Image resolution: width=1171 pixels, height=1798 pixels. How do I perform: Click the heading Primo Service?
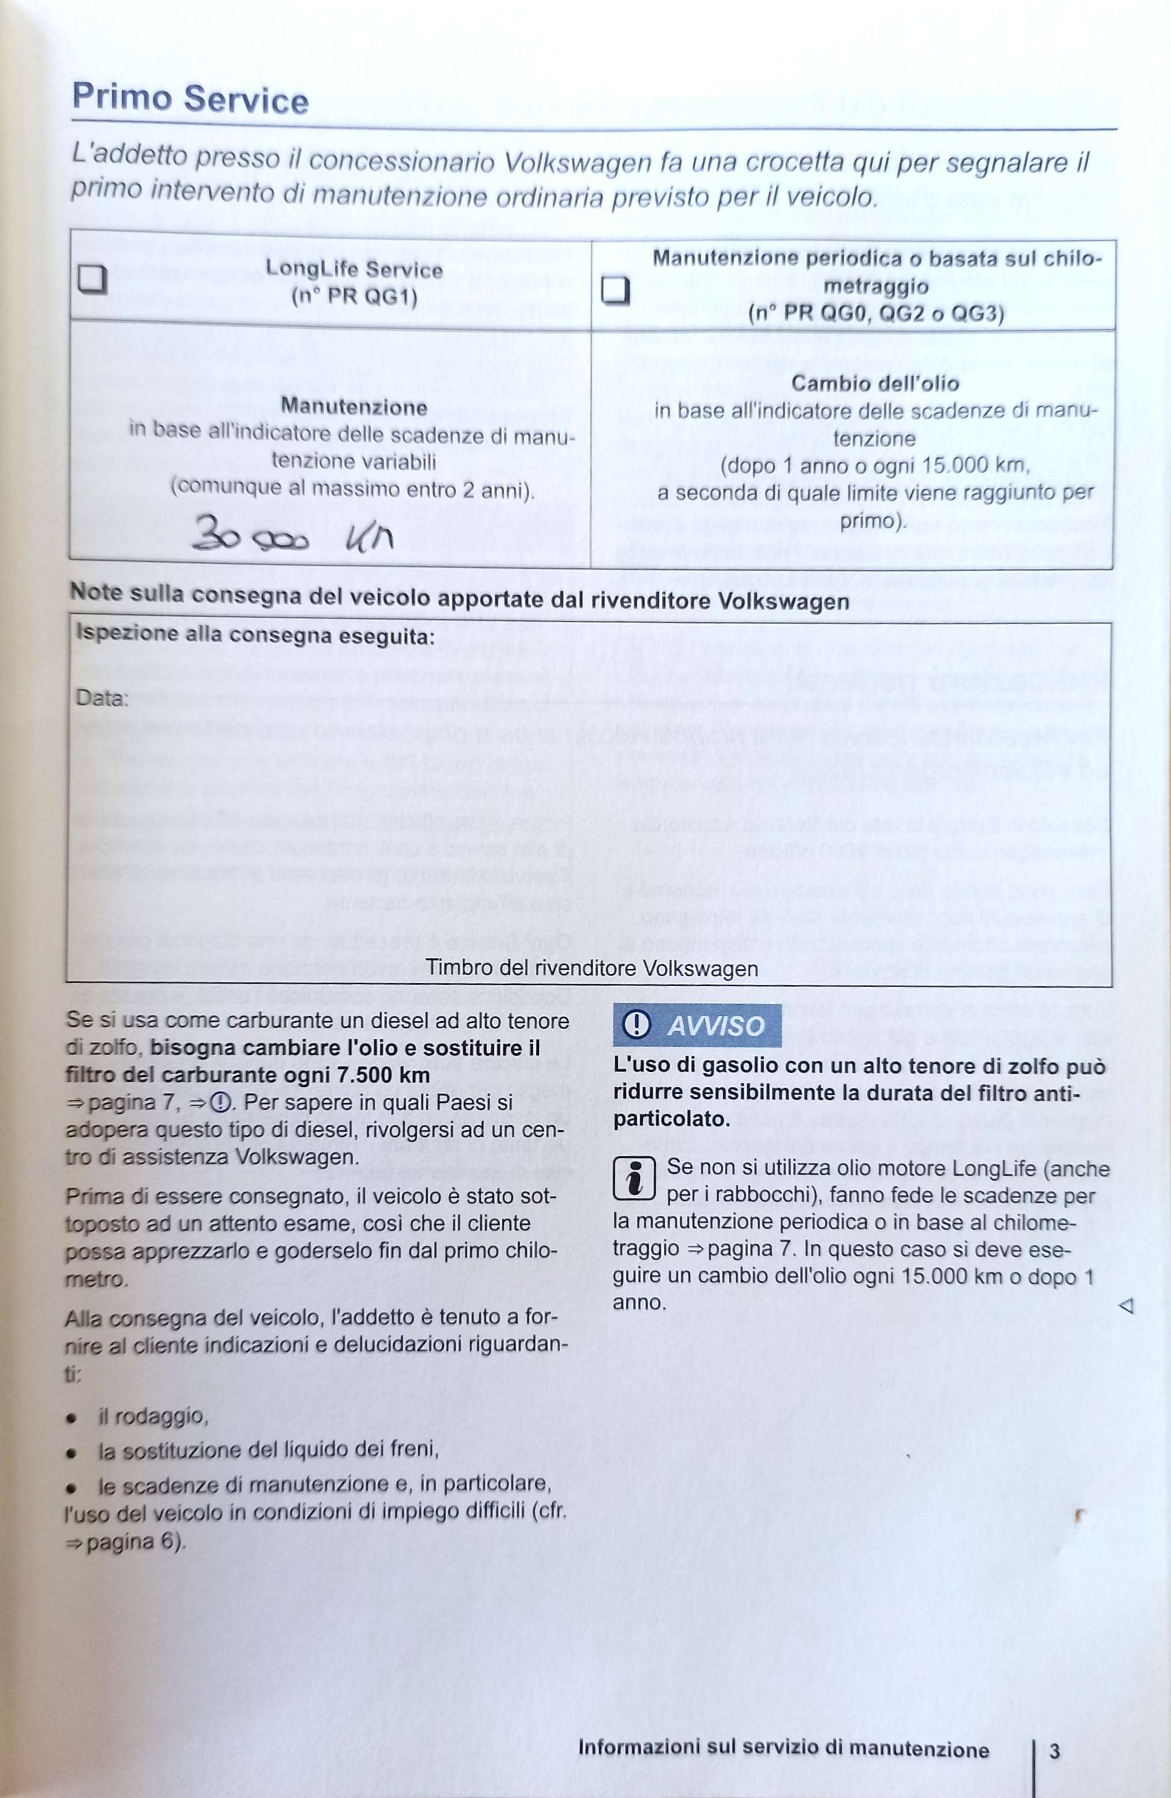pyautogui.click(x=190, y=100)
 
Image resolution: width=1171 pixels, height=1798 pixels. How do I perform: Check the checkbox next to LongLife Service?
pyautogui.click(x=92, y=280)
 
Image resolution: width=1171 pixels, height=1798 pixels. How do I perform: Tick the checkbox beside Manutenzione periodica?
pyautogui.click(x=615, y=289)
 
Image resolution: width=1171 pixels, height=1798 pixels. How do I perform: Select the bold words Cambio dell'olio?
pyautogui.click(x=875, y=384)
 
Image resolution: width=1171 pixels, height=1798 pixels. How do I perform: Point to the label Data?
pyautogui.click(x=102, y=698)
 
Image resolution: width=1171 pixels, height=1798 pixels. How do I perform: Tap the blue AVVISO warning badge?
pyautogui.click(x=697, y=1025)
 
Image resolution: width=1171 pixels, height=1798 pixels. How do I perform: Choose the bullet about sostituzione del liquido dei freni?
pyautogui.click(x=268, y=1450)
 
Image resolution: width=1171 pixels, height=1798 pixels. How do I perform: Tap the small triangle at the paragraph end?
pyautogui.click(x=1125, y=1305)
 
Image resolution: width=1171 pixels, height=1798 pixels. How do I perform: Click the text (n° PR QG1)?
pyautogui.click(x=354, y=297)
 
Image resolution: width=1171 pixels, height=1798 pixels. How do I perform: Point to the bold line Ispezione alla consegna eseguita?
pyautogui.click(x=255, y=635)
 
